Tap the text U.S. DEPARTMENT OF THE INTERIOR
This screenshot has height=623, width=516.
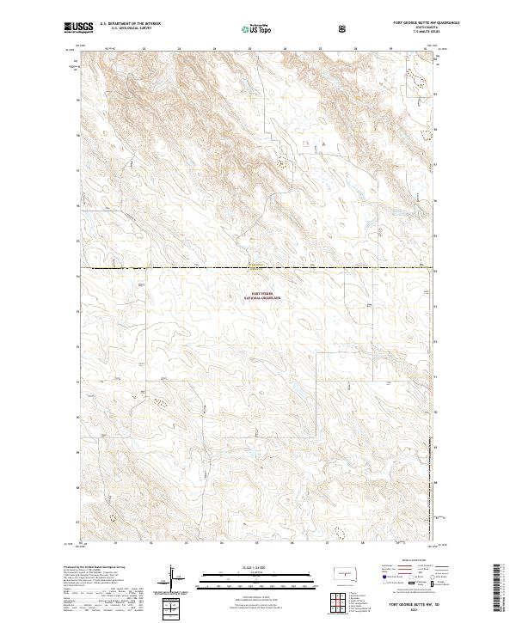click(130, 25)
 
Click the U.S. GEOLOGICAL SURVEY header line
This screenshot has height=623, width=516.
click(125, 30)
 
